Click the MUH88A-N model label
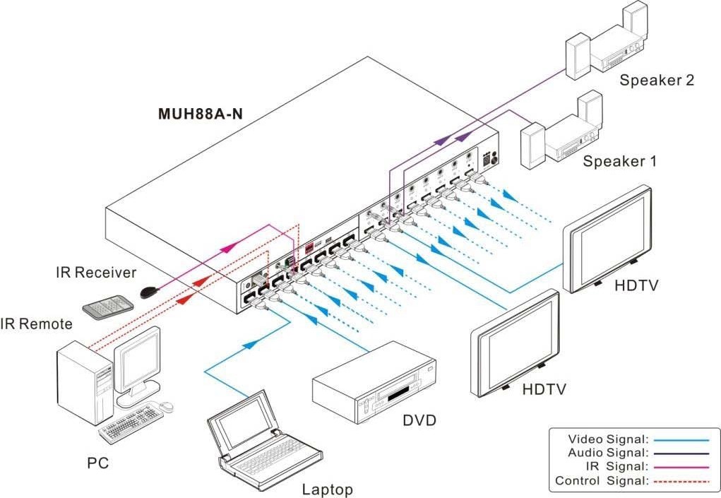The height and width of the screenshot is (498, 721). [200, 115]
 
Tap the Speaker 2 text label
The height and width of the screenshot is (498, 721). [656, 80]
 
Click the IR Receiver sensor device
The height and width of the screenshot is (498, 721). [148, 291]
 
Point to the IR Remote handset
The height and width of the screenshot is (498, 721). [107, 305]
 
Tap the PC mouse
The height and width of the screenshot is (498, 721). [166, 406]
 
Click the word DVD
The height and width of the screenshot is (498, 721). [419, 421]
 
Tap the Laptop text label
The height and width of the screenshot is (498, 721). [327, 489]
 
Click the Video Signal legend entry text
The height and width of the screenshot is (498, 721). [608, 439]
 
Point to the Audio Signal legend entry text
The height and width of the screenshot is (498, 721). [607, 453]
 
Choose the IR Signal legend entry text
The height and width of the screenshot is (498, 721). [616, 467]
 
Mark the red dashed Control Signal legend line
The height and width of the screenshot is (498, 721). [680, 481]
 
